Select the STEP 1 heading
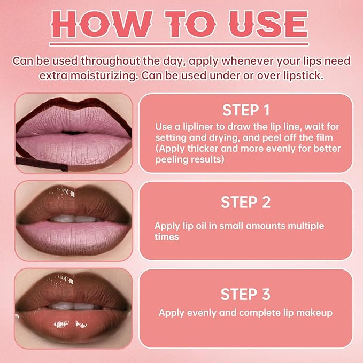pyautogui.click(x=246, y=111)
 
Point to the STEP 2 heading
pyautogui.click(x=246, y=203)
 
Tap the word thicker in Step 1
pyautogui.click(x=202, y=149)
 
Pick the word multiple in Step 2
pyautogui.click(x=306, y=226)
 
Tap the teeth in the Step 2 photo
pyautogui.click(x=75, y=218)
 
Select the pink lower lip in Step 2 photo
pyautogui.click(x=75, y=235)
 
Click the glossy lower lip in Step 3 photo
pyautogui.click(x=75, y=324)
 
